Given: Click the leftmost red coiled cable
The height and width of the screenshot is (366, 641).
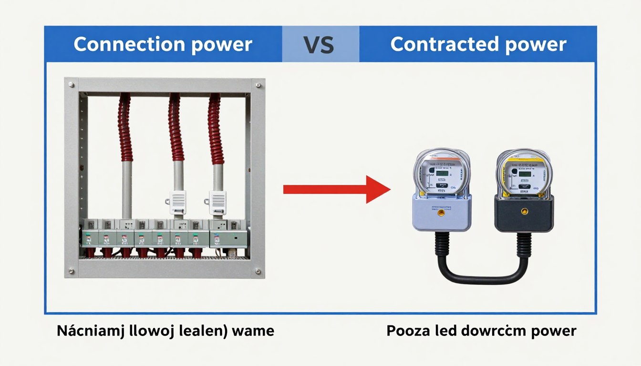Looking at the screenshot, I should tap(125, 129).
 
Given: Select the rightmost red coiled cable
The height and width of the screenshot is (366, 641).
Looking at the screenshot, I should tap(216, 129).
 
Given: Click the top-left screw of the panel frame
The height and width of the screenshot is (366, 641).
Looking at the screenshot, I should tap(71, 85).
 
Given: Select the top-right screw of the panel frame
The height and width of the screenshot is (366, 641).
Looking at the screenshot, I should tap(258, 85).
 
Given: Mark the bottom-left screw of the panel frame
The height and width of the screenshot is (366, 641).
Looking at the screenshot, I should tap(71, 272).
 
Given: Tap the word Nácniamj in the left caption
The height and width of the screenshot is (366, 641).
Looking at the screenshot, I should tap(90, 330).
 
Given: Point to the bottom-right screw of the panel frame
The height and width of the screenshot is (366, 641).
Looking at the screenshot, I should tap(258, 272).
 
